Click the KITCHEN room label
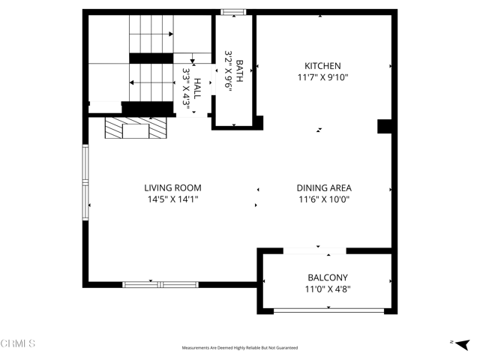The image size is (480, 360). [x=322, y=66]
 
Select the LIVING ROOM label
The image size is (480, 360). [x=172, y=187]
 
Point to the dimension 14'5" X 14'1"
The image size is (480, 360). [x=172, y=199]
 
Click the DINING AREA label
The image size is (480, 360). [x=324, y=188]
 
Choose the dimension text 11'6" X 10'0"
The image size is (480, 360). [x=324, y=199]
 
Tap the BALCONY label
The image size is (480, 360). [x=327, y=277]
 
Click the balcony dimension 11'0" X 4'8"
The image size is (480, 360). [x=327, y=289]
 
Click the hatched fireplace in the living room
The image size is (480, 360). [x=136, y=130]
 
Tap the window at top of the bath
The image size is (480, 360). [x=232, y=11]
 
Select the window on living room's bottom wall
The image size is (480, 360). [x=160, y=284]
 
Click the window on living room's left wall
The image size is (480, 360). [x=85, y=177]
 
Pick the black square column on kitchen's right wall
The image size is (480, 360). [x=385, y=126]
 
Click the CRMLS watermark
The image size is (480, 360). [x=18, y=343]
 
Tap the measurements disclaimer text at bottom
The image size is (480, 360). [x=240, y=348]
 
